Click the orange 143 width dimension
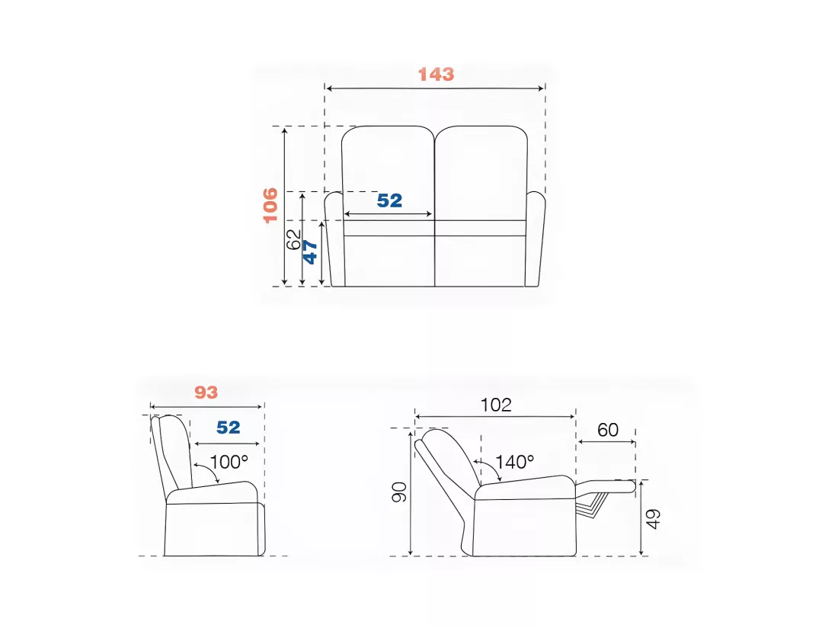point(436,74)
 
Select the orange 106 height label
point(270,205)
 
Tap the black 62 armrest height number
point(293,239)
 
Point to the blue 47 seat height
point(310,252)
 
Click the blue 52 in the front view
point(389,200)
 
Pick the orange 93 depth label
point(206,392)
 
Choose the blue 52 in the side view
point(229,428)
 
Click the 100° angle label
point(229,462)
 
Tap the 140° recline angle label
point(514,462)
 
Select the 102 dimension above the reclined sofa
point(496,405)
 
